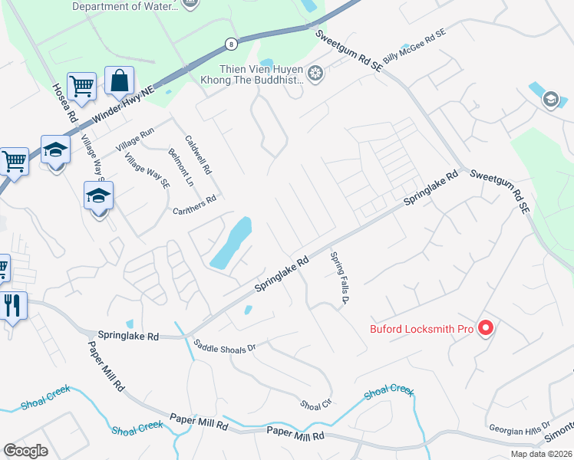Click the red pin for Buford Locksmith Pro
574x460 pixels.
[x=485, y=329]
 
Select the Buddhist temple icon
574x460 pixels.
[x=315, y=74]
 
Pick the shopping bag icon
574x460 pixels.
[x=120, y=80]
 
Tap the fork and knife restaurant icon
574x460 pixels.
[x=14, y=305]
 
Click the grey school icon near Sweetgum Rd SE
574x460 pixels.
[x=550, y=100]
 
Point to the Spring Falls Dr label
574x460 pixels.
[x=338, y=278]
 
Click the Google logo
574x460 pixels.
[x=26, y=451]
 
